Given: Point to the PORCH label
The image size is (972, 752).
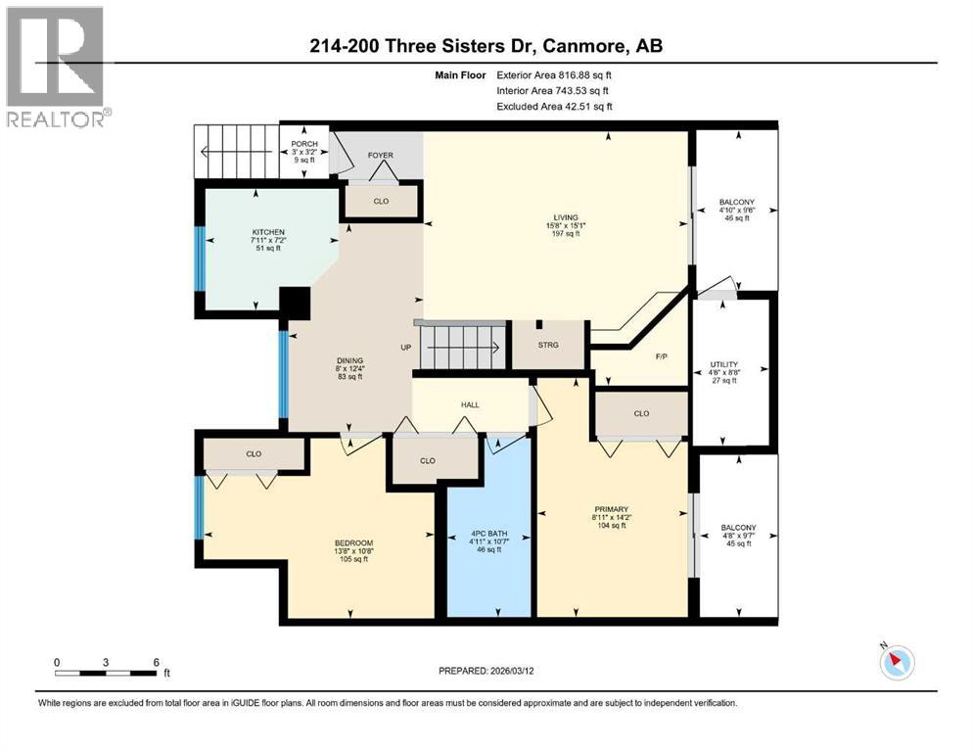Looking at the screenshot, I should coord(303,145).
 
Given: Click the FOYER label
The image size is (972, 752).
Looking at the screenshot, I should coord(381,156).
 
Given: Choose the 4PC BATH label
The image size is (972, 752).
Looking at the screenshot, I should coord(487,534).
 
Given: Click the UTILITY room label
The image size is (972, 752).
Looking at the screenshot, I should coord(724,363).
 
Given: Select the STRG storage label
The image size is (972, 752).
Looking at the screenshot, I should coord(548,345).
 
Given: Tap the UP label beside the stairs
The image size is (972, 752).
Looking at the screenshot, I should coord(405,348).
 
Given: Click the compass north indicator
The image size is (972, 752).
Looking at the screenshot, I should coord(896,662).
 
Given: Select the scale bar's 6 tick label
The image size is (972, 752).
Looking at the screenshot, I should coord(156,661).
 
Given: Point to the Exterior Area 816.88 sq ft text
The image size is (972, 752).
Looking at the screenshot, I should coord(555,74).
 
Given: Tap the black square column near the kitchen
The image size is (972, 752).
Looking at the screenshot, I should coord(295,302).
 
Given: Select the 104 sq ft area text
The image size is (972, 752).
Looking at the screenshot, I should coord(613,526).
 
